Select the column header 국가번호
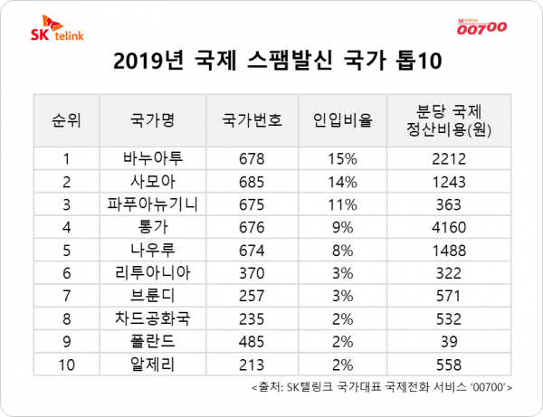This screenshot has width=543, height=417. tap(252, 120)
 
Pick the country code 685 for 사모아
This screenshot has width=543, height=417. tap(252, 181)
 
